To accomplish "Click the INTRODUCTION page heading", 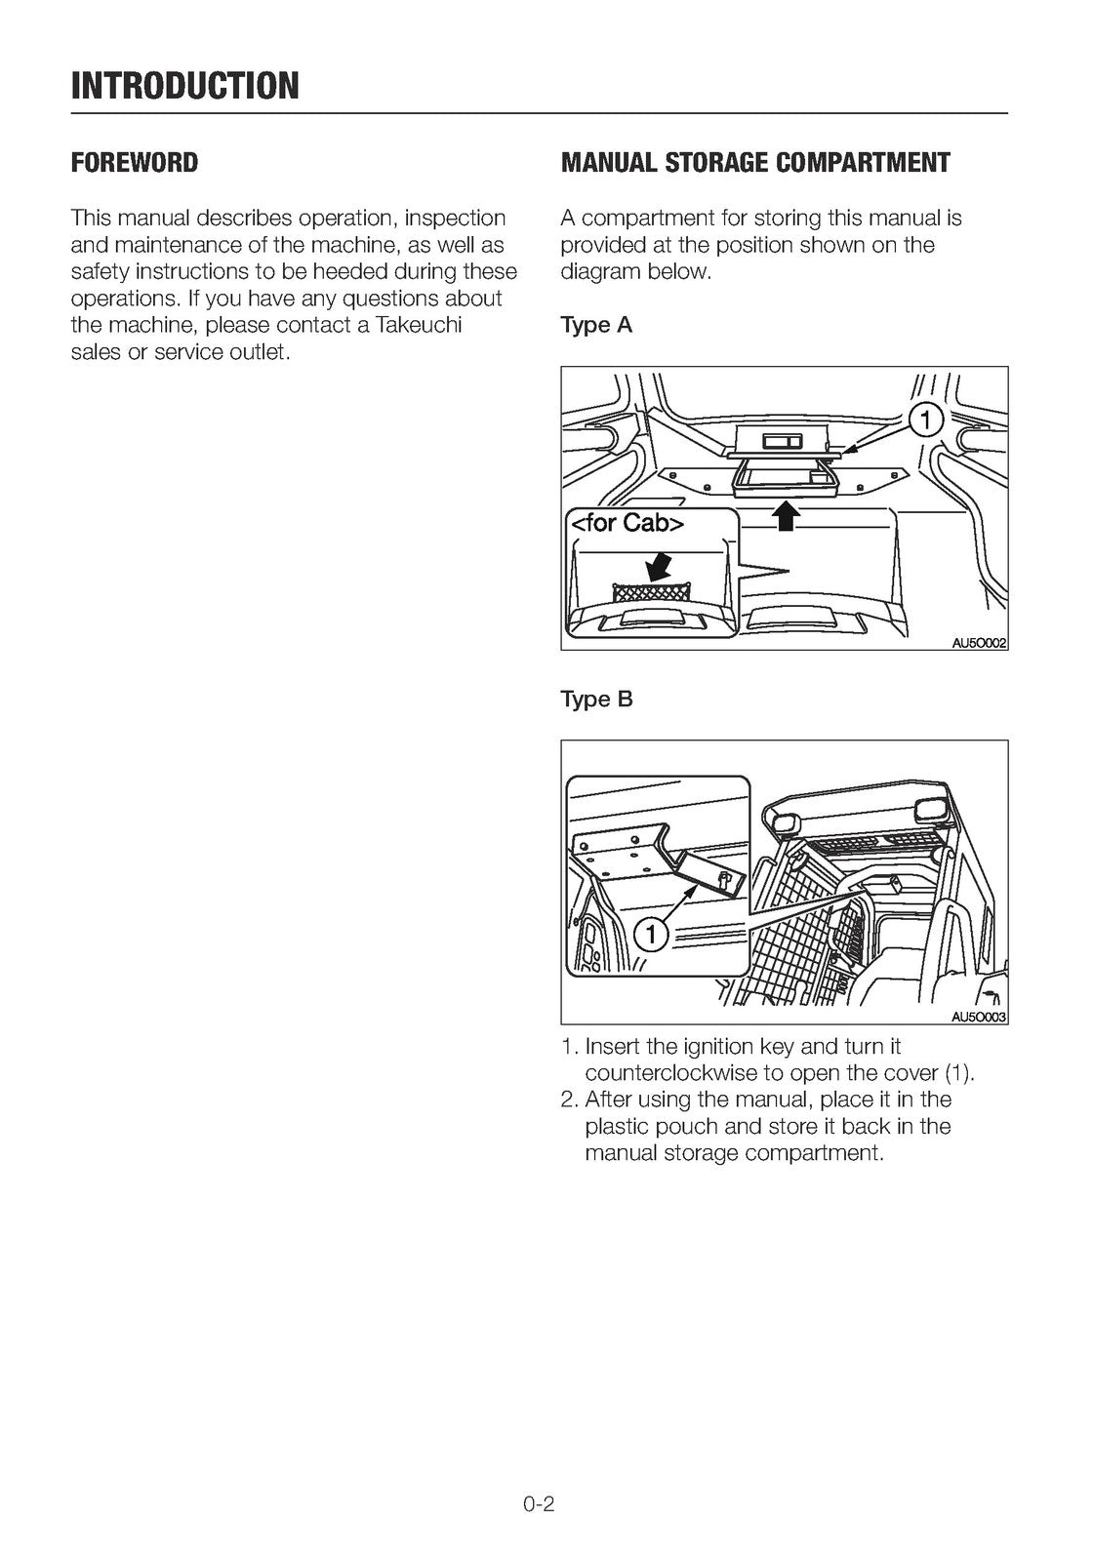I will click(184, 85).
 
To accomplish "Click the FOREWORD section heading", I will click(134, 163).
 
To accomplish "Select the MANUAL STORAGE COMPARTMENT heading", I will click(754, 163).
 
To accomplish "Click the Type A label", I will click(596, 325).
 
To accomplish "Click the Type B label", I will click(596, 700).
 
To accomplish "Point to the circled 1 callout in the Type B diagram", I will click(651, 935).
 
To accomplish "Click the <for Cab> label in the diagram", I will click(628, 523).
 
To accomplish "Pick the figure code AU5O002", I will click(979, 643).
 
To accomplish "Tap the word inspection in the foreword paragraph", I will click(455, 218).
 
